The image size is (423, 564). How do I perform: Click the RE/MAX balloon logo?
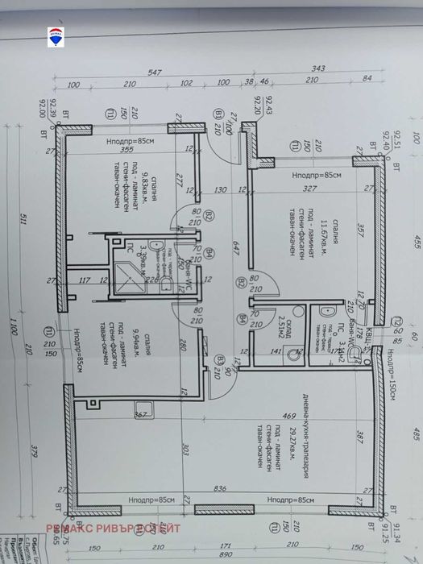(57, 34)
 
